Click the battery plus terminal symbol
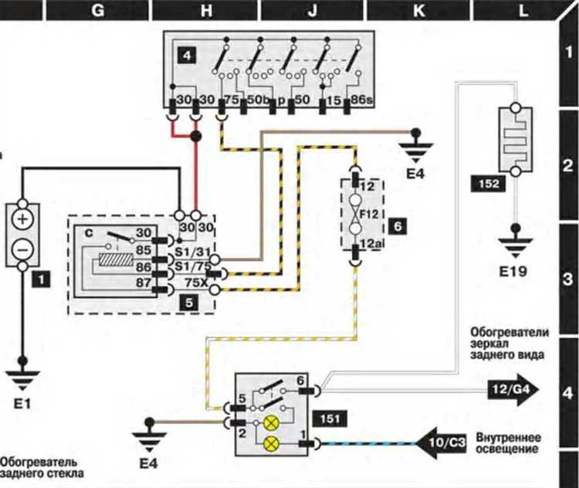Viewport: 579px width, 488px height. click(x=22, y=219)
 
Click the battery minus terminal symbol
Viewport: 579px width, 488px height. click(x=22, y=249)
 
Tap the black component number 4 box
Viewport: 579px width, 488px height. click(x=187, y=56)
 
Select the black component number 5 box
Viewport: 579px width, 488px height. click(x=189, y=303)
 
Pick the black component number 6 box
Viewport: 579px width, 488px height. click(x=398, y=225)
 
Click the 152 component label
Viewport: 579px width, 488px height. click(x=489, y=184)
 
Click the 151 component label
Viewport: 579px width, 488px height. click(x=330, y=419)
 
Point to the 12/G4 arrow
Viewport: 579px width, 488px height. click(x=513, y=390)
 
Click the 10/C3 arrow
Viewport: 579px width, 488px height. click(x=442, y=442)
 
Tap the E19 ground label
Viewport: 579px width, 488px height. click(x=513, y=272)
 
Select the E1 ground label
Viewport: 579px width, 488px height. click(x=22, y=404)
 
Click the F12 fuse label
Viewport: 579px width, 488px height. click(x=369, y=214)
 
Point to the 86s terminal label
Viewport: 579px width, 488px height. click(x=361, y=100)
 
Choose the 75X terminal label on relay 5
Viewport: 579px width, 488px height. click(x=196, y=283)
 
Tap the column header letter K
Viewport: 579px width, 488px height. click(x=418, y=11)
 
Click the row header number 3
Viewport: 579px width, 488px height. click(x=569, y=279)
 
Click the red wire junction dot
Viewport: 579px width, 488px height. click(x=196, y=137)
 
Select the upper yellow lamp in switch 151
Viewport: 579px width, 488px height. click(x=270, y=423)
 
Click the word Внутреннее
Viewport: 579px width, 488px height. click(x=509, y=439)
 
